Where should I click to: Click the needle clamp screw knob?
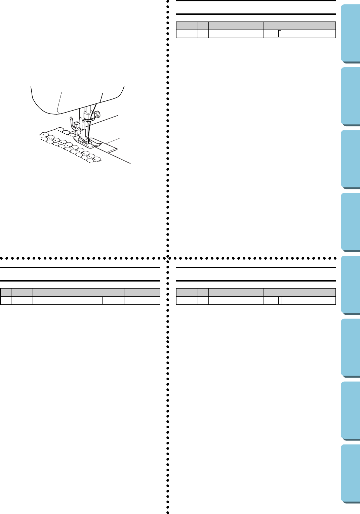97,114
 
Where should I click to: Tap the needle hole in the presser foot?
89,143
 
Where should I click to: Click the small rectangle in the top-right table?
279,34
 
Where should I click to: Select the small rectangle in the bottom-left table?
104,300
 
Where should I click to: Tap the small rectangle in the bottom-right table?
279,300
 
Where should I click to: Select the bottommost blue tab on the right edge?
351,474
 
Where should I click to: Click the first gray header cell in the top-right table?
182,26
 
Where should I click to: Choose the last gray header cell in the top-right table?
318,26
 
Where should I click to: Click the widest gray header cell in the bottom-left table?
60,292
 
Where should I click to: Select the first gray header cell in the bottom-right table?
182,292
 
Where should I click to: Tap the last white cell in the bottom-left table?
142,300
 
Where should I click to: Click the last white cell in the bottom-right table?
318,300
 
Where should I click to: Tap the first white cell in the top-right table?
182,34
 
